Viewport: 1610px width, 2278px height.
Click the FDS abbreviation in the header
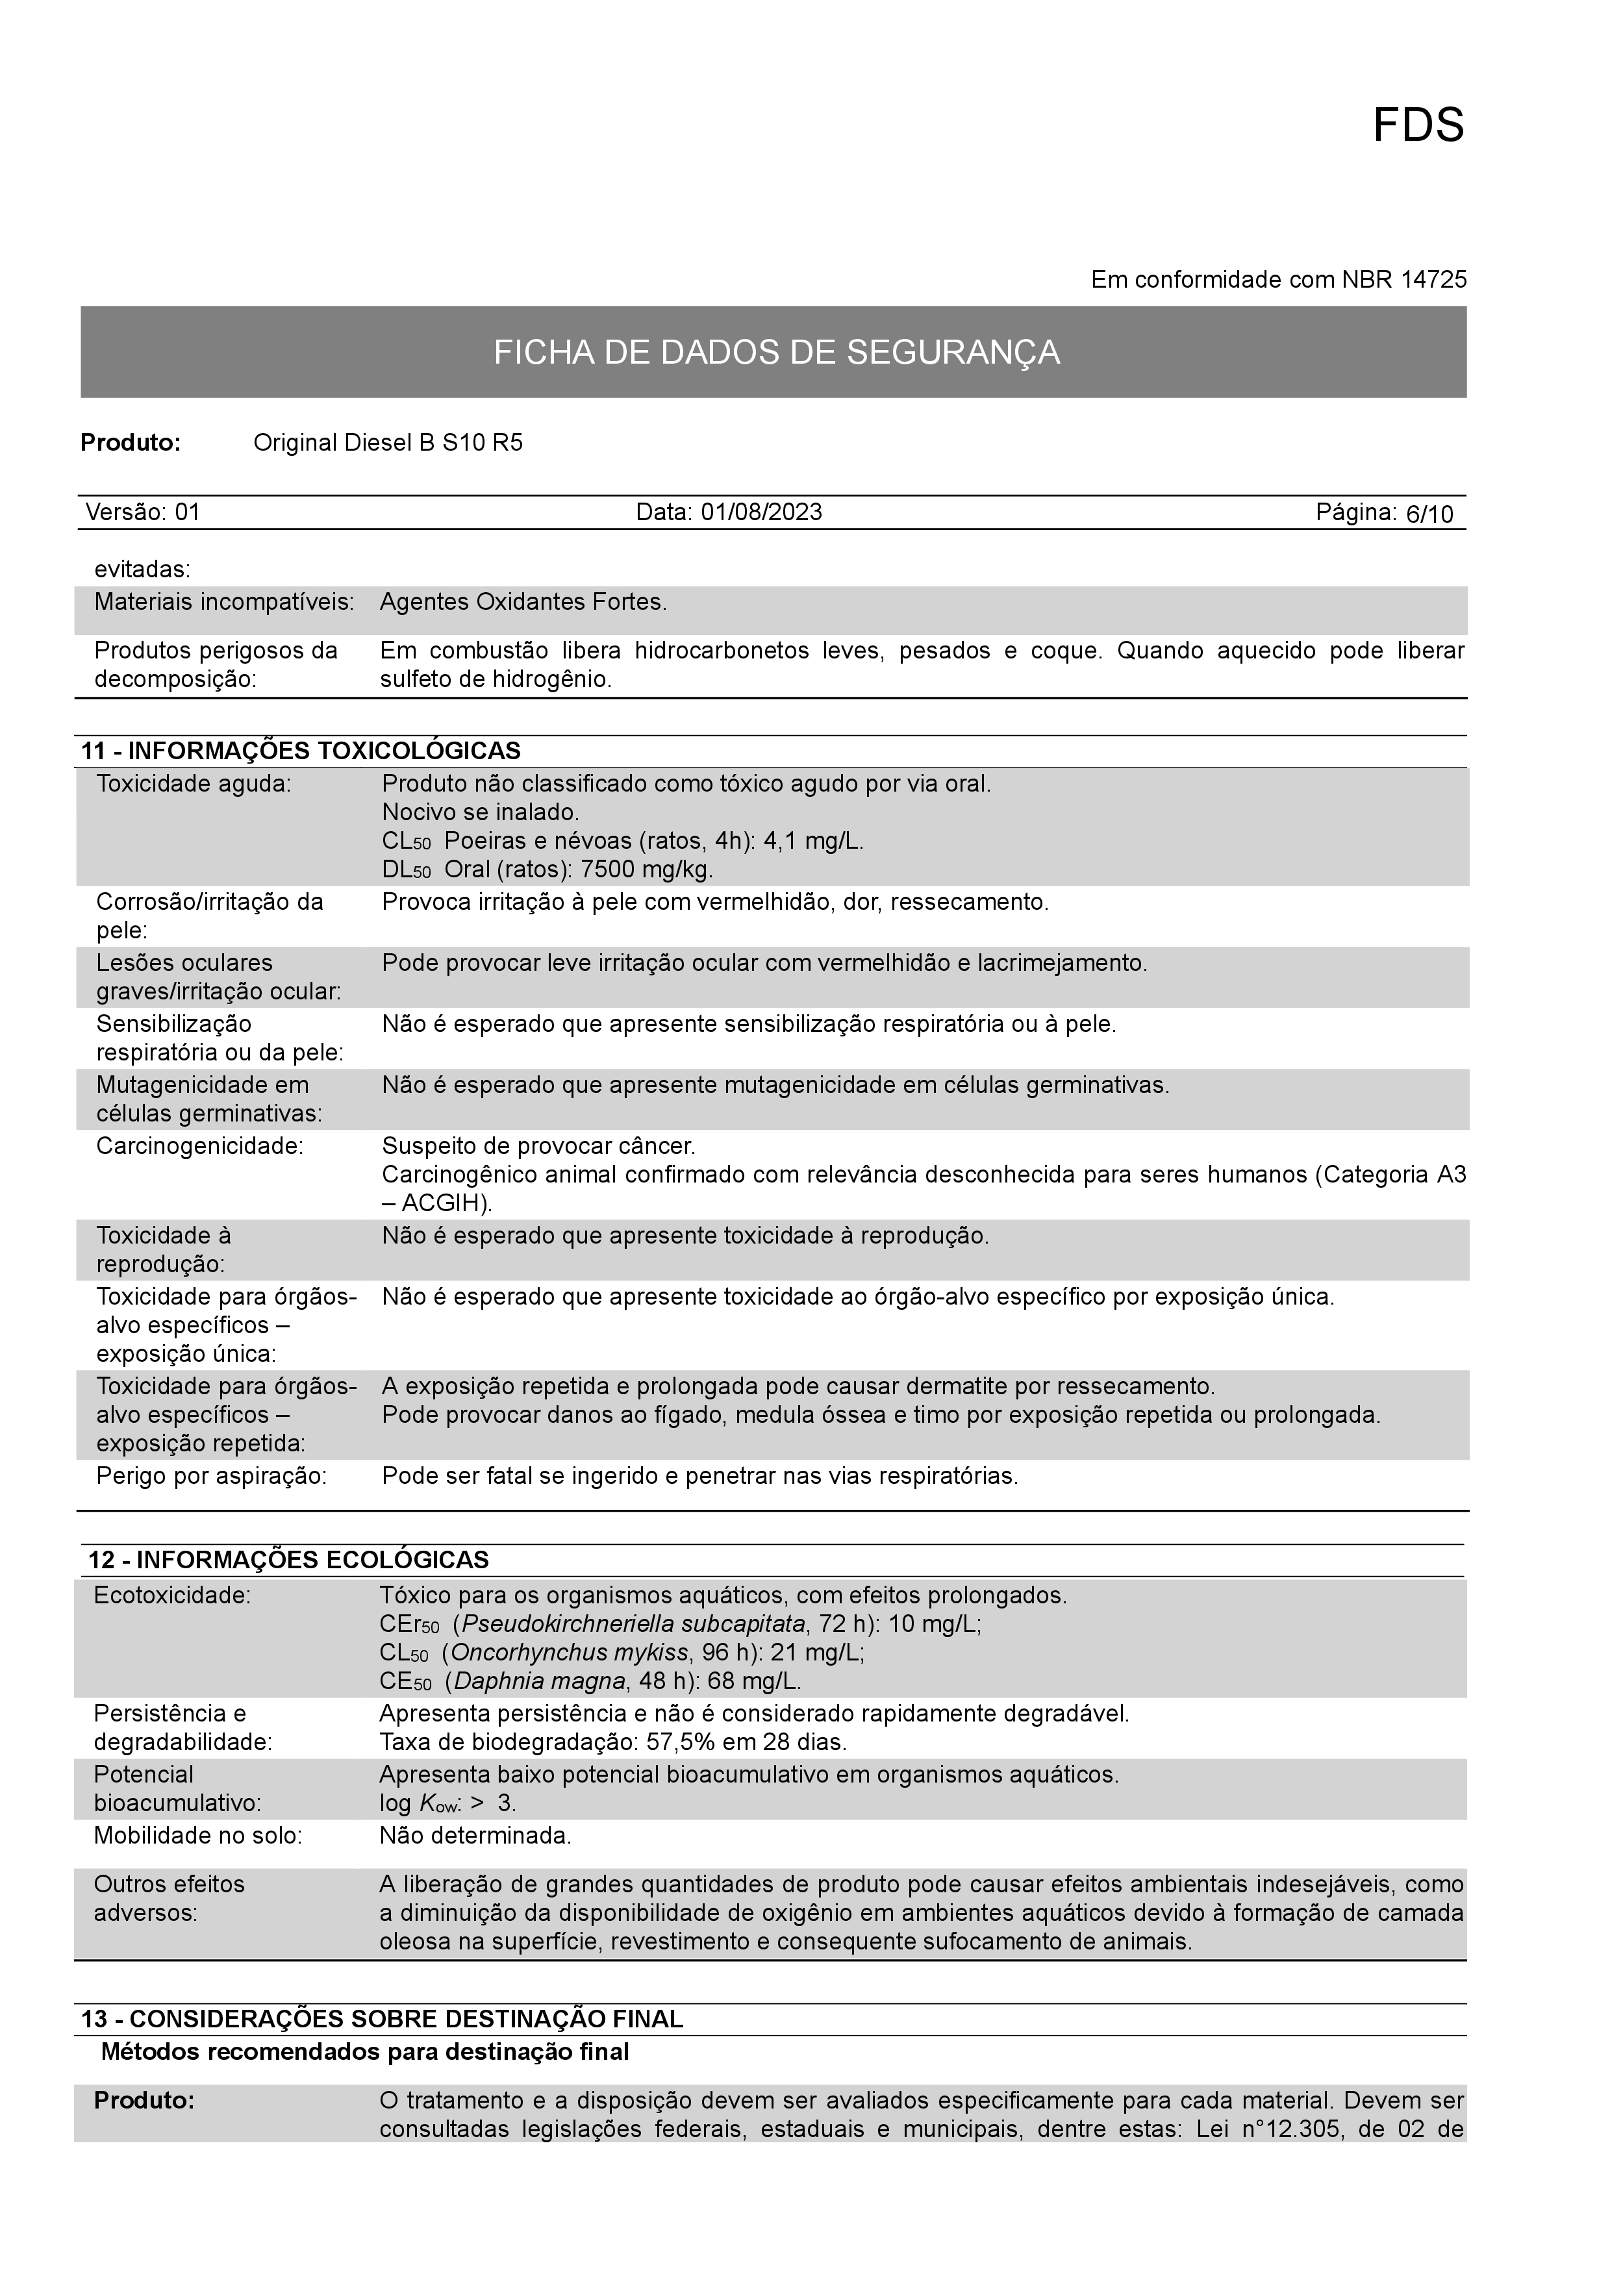pyautogui.click(x=1418, y=126)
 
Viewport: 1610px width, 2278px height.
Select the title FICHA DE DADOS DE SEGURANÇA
pyautogui.click(x=777, y=352)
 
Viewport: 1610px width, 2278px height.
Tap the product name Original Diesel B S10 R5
pyautogui.click(x=388, y=442)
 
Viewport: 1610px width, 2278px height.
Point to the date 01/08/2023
pyautogui.click(x=761, y=512)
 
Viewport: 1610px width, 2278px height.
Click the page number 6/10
pyautogui.click(x=1429, y=514)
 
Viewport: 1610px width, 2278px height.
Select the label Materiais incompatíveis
pyautogui.click(x=224, y=602)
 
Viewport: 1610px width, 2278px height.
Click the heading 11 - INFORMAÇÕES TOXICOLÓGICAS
pyautogui.click(x=301, y=750)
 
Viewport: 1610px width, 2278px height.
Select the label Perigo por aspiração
pyautogui.click(x=211, y=1476)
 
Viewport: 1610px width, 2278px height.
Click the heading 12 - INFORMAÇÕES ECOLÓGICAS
pyautogui.click(x=288, y=1560)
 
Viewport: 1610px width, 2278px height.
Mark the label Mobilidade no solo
pyautogui.click(x=197, y=1836)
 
